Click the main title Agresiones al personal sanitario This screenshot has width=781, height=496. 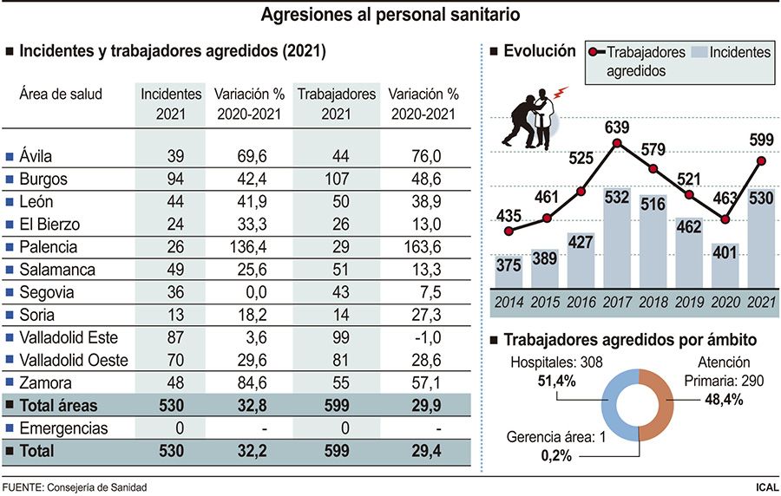[x=390, y=15]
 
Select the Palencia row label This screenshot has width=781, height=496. [x=48, y=247]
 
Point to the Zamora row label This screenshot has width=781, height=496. [x=46, y=382]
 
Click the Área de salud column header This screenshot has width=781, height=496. [x=61, y=94]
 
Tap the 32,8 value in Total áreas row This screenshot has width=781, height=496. [x=250, y=405]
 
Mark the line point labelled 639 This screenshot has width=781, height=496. [x=617, y=144]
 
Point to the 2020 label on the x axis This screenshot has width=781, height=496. [x=724, y=303]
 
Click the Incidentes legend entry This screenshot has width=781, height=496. [x=730, y=53]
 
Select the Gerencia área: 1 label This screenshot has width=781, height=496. [x=557, y=437]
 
